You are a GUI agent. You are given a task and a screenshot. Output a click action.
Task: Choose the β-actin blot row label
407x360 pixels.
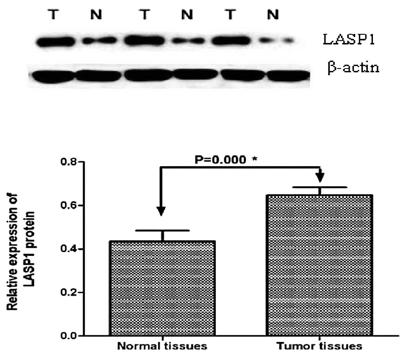353,68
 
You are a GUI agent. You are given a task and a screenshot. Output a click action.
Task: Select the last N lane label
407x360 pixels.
272,16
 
